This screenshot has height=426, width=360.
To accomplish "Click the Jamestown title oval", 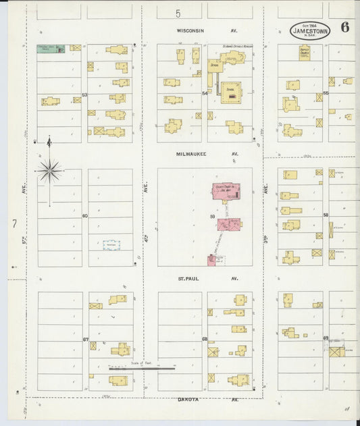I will point(310,30).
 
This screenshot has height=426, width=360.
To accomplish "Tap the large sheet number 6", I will point(345,28).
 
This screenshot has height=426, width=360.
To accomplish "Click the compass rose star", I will point(49,171).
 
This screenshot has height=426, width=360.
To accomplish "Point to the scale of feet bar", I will point(142,369).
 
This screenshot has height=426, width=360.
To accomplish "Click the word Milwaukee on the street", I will point(191,154).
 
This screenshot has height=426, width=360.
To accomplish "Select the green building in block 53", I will point(51,49).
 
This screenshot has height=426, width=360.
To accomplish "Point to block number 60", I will point(84,216).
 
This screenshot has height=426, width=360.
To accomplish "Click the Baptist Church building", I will point(304,52).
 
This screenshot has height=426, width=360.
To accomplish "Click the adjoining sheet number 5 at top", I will point(178,13).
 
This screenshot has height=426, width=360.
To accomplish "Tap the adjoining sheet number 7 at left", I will point(14,222).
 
